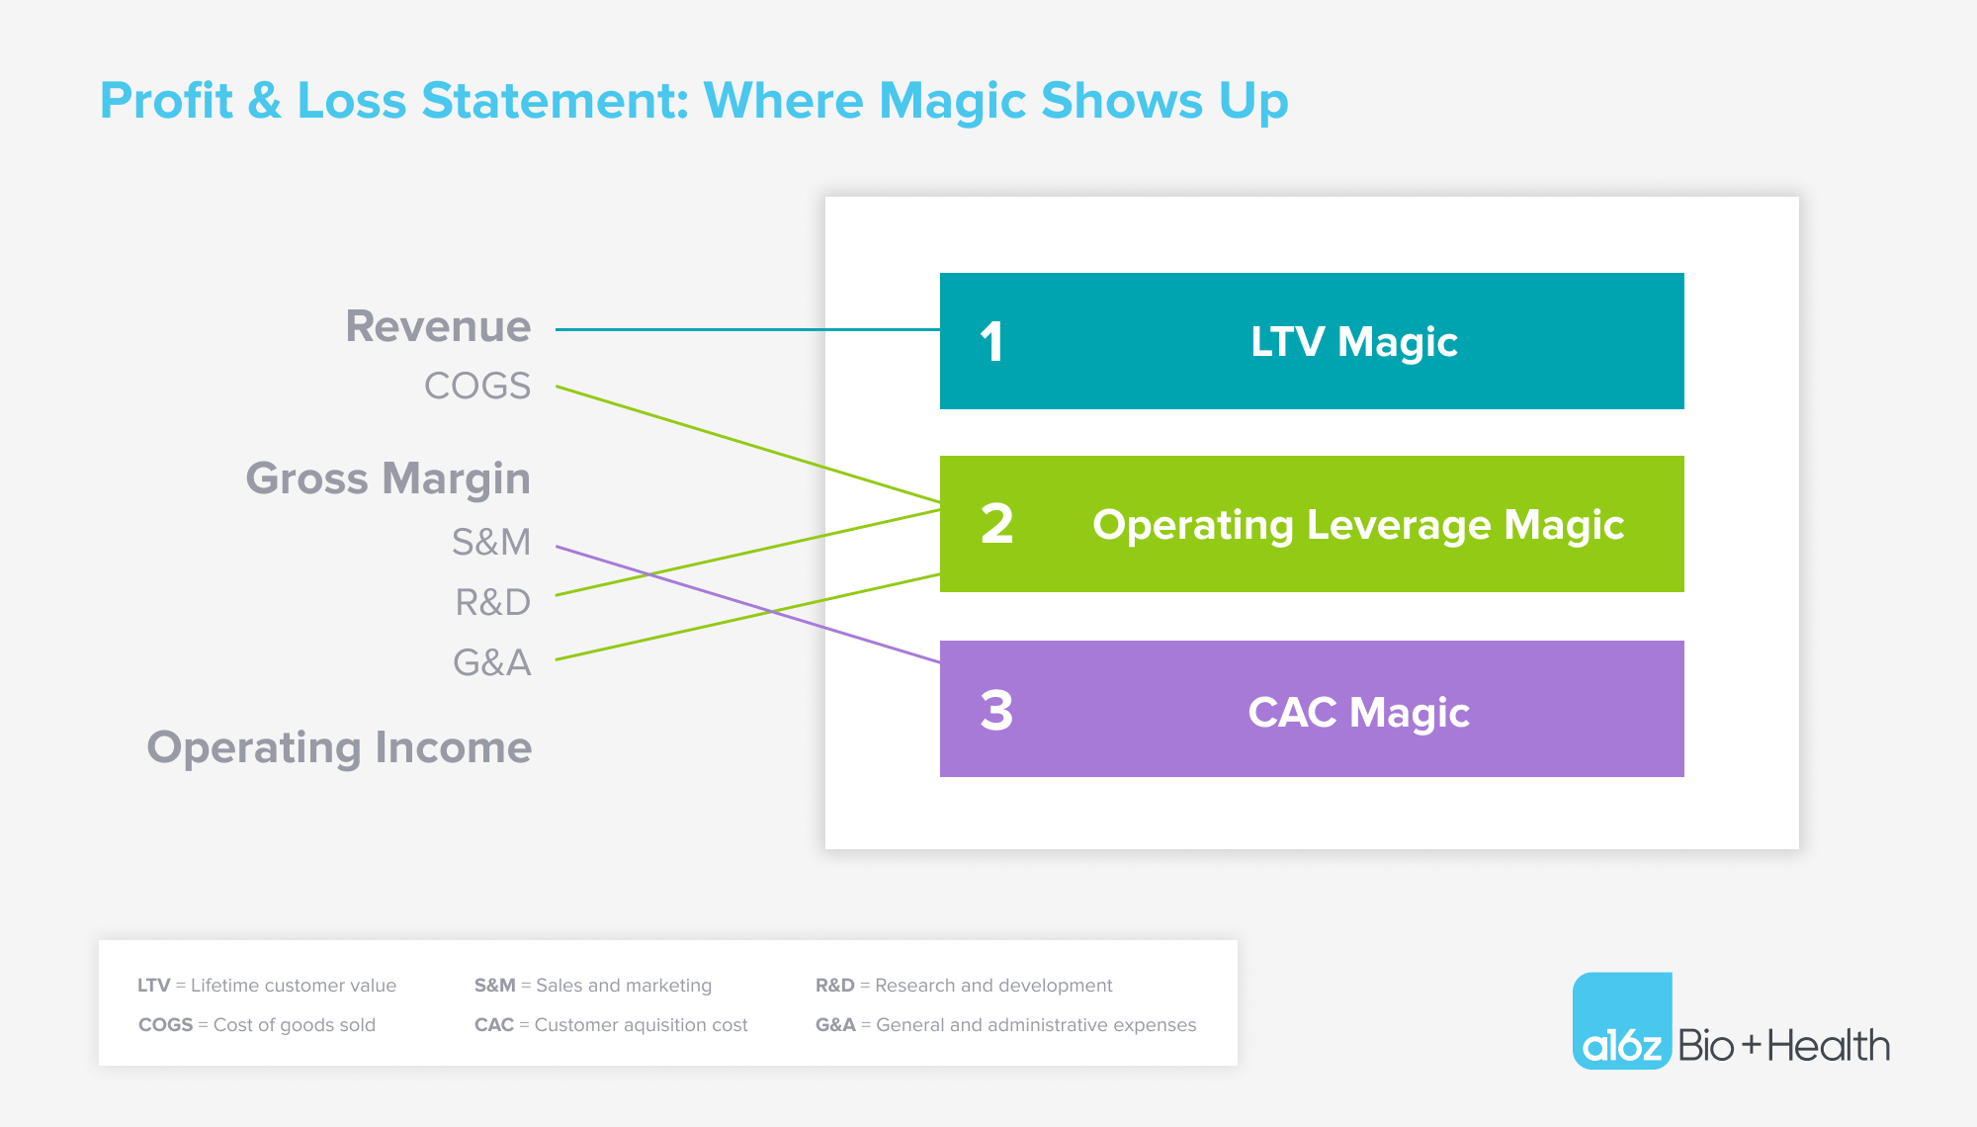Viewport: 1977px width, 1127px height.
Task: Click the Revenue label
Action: point(438,326)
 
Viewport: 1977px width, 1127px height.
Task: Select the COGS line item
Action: point(477,386)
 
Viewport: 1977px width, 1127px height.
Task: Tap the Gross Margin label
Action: point(388,479)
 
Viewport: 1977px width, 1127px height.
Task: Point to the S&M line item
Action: point(491,542)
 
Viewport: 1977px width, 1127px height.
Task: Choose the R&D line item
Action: point(493,602)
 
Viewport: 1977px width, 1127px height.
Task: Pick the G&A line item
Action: point(492,662)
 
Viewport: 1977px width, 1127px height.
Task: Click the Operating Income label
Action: point(340,748)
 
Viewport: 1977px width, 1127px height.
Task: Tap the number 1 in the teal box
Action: point(992,342)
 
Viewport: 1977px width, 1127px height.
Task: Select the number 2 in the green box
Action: point(997,524)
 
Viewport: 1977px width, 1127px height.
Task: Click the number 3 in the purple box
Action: point(997,711)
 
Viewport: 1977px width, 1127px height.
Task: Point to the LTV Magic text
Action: point(1354,343)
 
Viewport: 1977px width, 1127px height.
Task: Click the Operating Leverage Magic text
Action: point(1358,526)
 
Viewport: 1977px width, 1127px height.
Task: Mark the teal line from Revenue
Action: point(747,329)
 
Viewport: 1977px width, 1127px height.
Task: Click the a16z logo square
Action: point(1622,1020)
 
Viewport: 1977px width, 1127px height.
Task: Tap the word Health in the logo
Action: point(1829,1046)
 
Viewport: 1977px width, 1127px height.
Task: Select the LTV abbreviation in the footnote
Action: point(154,986)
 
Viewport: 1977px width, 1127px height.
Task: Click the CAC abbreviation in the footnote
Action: point(494,1025)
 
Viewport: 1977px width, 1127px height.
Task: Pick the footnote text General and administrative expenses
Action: point(1036,1025)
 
